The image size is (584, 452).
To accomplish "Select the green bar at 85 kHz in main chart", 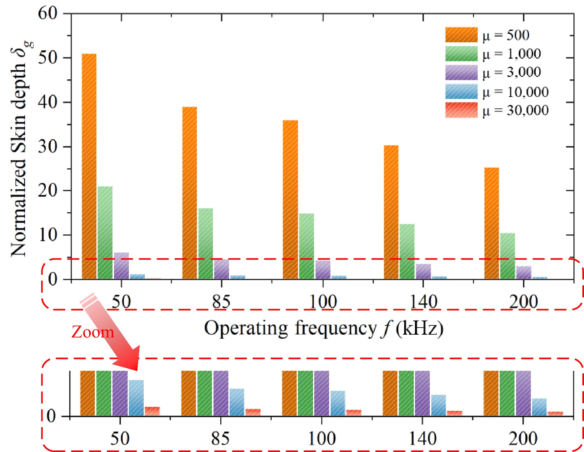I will [x=205, y=244].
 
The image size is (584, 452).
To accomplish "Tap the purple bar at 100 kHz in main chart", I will [x=323, y=270].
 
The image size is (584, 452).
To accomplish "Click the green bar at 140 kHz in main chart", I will [x=407, y=252].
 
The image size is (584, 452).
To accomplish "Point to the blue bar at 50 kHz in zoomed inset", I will [x=136, y=398].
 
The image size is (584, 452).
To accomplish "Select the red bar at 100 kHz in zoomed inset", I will [x=353, y=413].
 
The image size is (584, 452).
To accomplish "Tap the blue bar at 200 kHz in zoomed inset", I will [x=539, y=407].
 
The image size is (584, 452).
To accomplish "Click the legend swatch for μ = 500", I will [x=461, y=35].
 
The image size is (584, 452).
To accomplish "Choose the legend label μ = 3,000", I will [x=511, y=72].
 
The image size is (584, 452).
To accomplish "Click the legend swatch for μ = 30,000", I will [x=461, y=110].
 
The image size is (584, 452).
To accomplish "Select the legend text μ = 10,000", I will [x=515, y=92].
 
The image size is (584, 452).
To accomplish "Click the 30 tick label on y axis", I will [x=48, y=146].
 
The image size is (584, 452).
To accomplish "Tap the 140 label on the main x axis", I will [x=423, y=302].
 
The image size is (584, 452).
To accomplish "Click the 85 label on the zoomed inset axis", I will [x=220, y=438].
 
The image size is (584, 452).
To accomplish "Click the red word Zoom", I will [x=93, y=333].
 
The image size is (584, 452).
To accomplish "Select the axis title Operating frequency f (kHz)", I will [x=324, y=328].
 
